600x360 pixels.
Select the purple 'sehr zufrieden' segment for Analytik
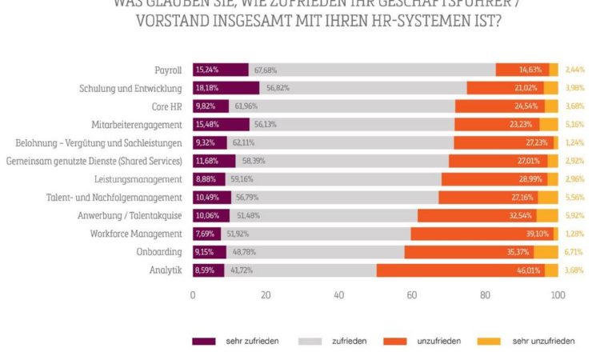(x=208, y=270)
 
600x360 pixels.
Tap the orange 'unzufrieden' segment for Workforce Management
(x=482, y=234)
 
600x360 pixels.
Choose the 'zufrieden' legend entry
(x=350, y=342)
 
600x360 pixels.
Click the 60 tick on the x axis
(x=412, y=295)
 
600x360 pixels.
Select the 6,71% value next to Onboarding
(x=576, y=252)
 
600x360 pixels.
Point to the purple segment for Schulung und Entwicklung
(x=226, y=88)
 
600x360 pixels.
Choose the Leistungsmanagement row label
(x=145, y=179)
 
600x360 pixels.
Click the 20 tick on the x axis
(x=266, y=295)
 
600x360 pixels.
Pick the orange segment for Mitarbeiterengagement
(x=497, y=125)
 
